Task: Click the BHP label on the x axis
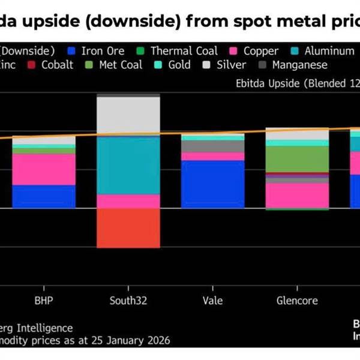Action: tap(44, 299)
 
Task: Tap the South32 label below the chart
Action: tap(128, 299)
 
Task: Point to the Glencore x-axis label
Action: tap(297, 299)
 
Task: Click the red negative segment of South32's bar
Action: tap(128, 228)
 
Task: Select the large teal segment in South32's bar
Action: tap(128, 166)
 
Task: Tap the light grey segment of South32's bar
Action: tap(128, 115)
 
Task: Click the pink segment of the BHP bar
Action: tap(44, 169)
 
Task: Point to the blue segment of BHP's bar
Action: tap(44, 196)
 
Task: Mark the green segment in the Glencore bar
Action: tap(297, 158)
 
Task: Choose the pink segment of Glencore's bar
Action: tap(297, 195)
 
